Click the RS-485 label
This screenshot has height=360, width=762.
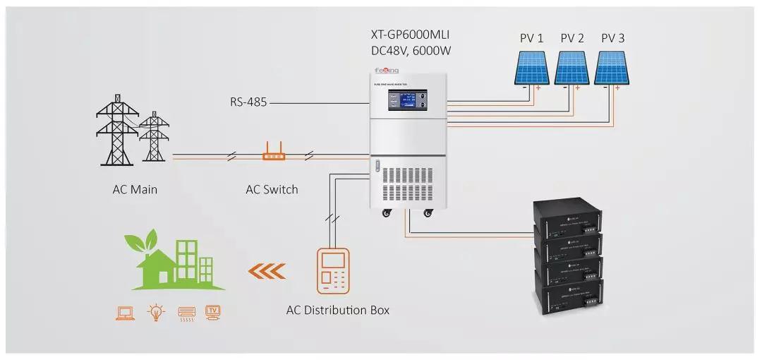[x=248, y=102]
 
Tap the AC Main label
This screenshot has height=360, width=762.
[x=135, y=189]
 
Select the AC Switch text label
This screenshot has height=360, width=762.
[x=272, y=189]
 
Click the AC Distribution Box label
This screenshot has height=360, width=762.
[x=337, y=310]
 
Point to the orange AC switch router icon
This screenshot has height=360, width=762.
[x=272, y=151]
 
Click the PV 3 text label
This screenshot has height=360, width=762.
[x=612, y=38]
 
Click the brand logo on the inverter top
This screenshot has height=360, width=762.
[x=386, y=71]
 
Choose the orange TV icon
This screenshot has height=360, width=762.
[x=213, y=312]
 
